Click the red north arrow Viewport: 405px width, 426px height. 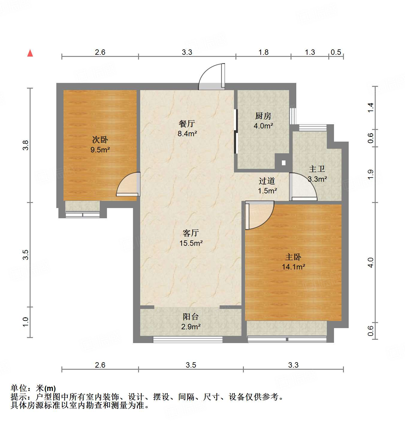(x=30, y=53)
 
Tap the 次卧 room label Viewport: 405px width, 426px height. (x=100, y=140)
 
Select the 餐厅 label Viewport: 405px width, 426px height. (x=187, y=123)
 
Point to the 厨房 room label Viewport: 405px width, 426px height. (x=263, y=116)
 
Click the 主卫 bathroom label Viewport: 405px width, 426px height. (x=317, y=169)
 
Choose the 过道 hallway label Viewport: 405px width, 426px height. (x=267, y=181)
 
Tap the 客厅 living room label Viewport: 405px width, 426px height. (x=191, y=233)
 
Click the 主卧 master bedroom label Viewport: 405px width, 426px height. (x=293, y=257)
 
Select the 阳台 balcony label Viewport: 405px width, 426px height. (x=191, y=316)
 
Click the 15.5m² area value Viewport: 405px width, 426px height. (x=191, y=243)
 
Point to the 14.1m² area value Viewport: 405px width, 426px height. (x=293, y=267)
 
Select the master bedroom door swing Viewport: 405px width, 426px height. (x=259, y=215)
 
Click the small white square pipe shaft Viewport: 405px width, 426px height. (x=283, y=163)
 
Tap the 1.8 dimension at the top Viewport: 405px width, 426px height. (x=263, y=52)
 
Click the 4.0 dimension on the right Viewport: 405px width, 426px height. (x=371, y=263)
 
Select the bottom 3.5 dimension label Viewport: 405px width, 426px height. (x=191, y=365)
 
